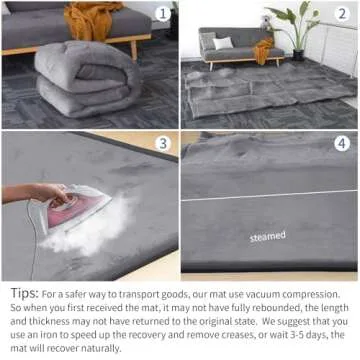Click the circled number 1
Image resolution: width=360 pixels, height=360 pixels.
tap(163, 14)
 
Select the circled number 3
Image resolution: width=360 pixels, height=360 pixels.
tap(163, 144)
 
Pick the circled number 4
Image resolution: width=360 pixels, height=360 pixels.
tap(342, 144)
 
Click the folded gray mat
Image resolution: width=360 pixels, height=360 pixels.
tap(74, 80)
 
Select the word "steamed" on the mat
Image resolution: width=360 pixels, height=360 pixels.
tap(267, 237)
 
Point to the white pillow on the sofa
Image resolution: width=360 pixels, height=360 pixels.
tap(222, 42)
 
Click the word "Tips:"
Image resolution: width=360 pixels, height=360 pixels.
tap(24, 294)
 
